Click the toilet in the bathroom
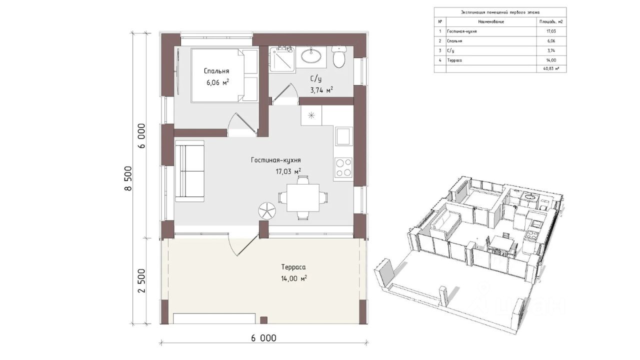339,57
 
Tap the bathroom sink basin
311,55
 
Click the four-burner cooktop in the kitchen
343,167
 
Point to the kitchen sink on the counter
343,136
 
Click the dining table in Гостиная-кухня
303,197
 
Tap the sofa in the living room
189,171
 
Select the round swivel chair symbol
267,211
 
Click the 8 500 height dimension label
128,178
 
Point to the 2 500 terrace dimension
141,280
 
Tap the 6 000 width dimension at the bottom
263,338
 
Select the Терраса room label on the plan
293,267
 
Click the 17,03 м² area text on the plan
288,171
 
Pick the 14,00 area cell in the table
551,60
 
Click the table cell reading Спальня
454,41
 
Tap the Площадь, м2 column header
551,21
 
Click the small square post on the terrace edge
263,320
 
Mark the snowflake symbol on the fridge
311,115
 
